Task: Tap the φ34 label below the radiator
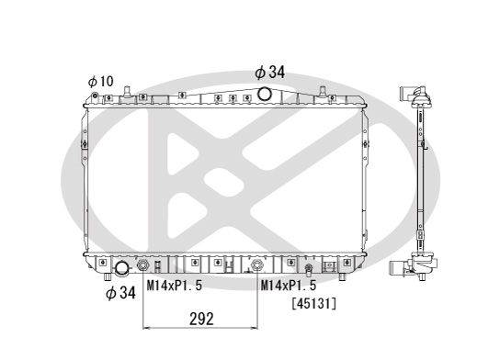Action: (120, 293)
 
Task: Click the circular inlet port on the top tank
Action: (265, 94)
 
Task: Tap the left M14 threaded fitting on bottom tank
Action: (143, 268)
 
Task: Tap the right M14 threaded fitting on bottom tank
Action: (259, 268)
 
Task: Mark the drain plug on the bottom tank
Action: (308, 269)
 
